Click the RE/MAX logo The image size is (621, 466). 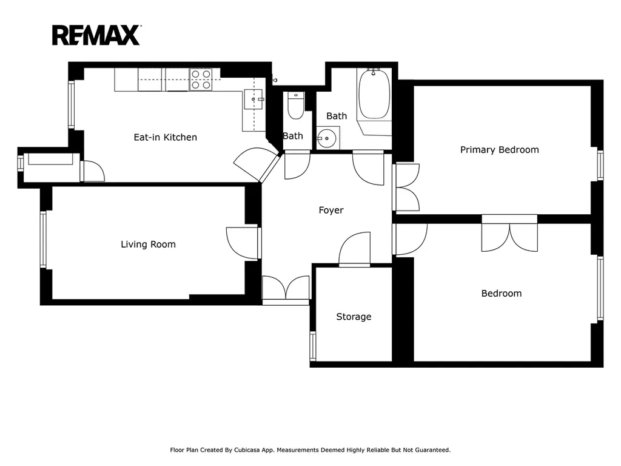pyautogui.click(x=96, y=35)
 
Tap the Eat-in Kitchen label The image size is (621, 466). pyautogui.click(x=165, y=137)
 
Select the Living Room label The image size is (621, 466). pyautogui.click(x=148, y=245)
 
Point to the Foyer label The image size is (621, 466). pyautogui.click(x=331, y=211)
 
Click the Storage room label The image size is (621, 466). pyautogui.click(x=354, y=317)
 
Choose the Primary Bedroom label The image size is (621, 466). pyautogui.click(x=500, y=150)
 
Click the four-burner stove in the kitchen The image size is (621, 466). pyautogui.click(x=201, y=79)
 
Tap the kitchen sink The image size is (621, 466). pyautogui.click(x=254, y=99)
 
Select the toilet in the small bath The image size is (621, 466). pyautogui.click(x=295, y=106)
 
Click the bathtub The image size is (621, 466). pyautogui.click(x=374, y=93)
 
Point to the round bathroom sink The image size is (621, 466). pyautogui.click(x=327, y=138)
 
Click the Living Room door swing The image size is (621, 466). pyautogui.click(x=242, y=243)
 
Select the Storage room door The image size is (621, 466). pyautogui.click(x=354, y=248)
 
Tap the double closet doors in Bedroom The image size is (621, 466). pyautogui.click(x=509, y=234)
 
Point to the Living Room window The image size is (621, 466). pyautogui.click(x=43, y=239)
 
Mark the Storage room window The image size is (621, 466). pyautogui.click(x=313, y=345)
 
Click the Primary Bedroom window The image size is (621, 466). pyautogui.click(x=600, y=165)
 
